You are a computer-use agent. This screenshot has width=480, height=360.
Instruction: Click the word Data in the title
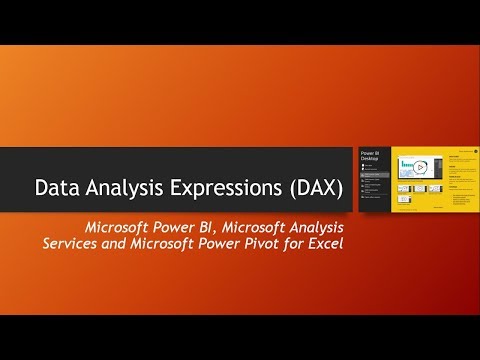click(55, 188)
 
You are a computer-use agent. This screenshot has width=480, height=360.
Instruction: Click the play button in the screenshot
click(423, 165)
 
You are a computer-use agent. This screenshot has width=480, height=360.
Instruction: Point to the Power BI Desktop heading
click(371, 161)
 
